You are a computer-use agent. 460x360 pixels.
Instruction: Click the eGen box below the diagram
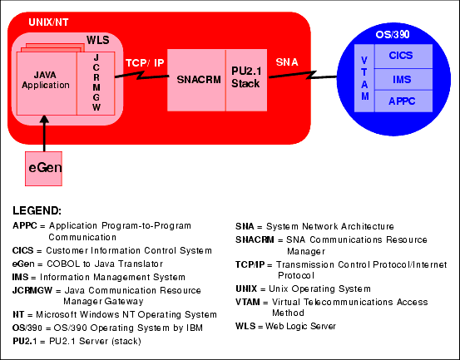[x=43, y=169]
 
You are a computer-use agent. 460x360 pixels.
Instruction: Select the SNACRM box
[x=196, y=81]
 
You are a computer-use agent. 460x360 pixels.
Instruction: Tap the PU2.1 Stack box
[x=246, y=81]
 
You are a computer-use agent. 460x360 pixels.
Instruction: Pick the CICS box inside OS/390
[x=403, y=57]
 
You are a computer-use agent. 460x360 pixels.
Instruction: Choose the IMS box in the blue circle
[x=403, y=80]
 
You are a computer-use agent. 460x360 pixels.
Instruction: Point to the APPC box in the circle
[x=403, y=101]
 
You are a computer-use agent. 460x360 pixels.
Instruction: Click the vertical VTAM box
[x=364, y=78]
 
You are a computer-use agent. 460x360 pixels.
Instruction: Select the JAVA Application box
[x=47, y=83]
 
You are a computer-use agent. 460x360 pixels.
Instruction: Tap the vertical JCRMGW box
[x=96, y=83]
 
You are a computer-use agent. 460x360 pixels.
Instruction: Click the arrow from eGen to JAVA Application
[x=44, y=133]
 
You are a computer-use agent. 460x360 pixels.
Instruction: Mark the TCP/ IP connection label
[x=145, y=62]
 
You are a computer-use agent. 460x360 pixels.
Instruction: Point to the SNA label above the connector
[x=287, y=62]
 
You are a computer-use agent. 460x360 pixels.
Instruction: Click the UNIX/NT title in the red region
[x=48, y=22]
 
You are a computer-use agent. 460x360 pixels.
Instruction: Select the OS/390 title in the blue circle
[x=393, y=35]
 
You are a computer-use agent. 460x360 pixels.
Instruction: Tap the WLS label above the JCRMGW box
[x=98, y=40]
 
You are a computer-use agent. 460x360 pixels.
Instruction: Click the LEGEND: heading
[x=37, y=210]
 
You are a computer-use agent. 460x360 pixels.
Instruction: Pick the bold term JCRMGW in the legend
[x=32, y=290]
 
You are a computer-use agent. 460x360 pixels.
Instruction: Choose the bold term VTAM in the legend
[x=248, y=302]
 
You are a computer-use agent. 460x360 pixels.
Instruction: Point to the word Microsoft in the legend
[x=57, y=314]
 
